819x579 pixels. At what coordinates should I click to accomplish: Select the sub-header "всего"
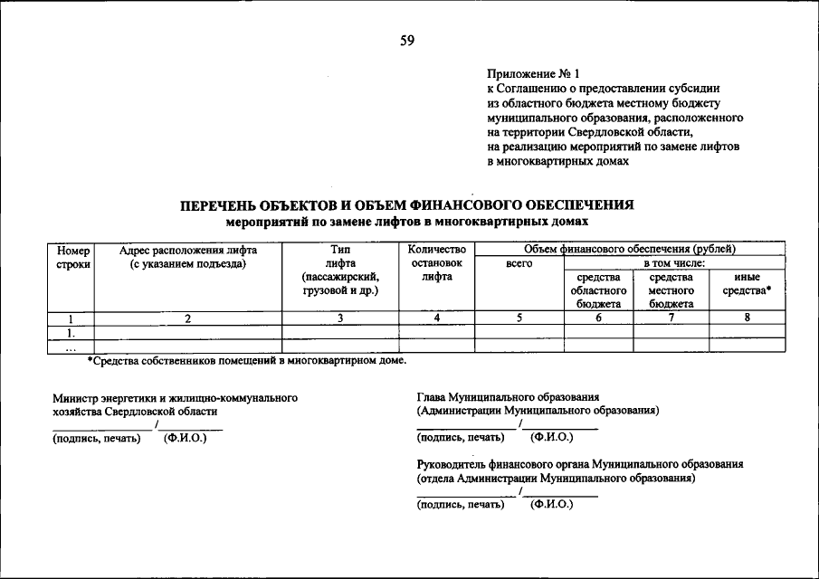click(x=519, y=263)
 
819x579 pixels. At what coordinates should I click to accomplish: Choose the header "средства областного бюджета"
click(x=598, y=290)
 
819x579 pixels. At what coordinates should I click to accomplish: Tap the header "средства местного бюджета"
click(x=671, y=290)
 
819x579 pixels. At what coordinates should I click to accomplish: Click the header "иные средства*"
click(x=747, y=284)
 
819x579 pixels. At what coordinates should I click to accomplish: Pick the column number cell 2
click(x=188, y=318)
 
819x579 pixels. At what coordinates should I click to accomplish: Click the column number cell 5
click(x=519, y=318)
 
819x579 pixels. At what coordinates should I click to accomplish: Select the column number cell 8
click(x=747, y=318)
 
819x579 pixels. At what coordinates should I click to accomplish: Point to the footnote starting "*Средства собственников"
click(x=246, y=361)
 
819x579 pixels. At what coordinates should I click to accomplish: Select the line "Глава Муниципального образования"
click(x=508, y=397)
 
